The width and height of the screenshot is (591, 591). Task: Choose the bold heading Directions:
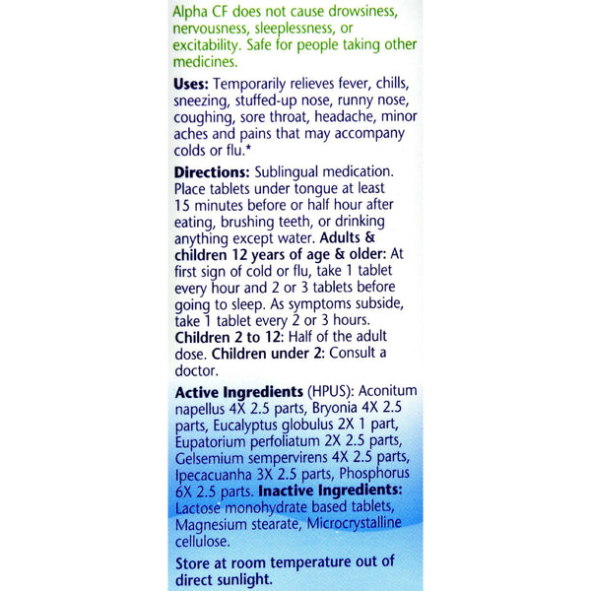215,169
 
